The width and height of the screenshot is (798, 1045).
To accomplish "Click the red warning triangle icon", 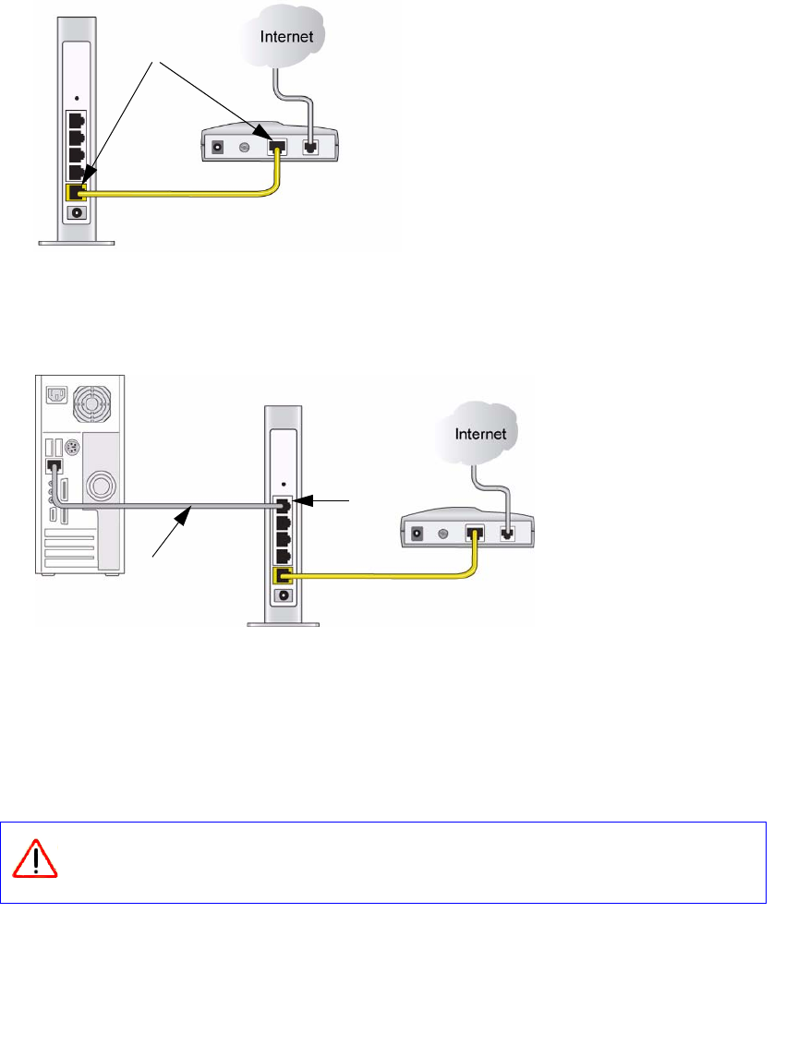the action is [35, 861].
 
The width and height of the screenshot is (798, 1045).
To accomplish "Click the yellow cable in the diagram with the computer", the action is [388, 576].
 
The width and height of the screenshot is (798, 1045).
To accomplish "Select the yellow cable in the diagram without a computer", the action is [185, 193].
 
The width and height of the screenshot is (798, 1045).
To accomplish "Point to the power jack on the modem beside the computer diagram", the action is [417, 533].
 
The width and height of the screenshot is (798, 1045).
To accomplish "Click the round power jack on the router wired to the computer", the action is [284, 595].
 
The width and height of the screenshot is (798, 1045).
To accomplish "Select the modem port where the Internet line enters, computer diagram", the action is [507, 533].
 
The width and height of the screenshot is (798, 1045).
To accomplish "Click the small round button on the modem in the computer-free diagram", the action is [245, 147].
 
